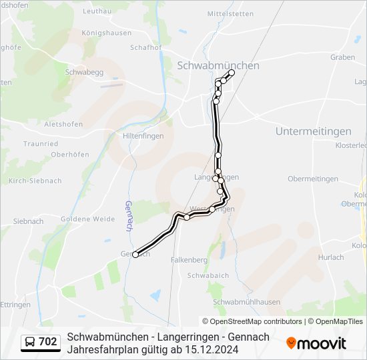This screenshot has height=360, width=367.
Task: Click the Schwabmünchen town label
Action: point(218,65)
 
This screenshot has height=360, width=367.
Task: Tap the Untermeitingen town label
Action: point(313,131)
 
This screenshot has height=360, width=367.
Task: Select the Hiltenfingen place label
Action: point(143,135)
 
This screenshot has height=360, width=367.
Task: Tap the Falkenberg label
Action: point(190,259)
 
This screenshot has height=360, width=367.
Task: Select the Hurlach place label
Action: point(331,257)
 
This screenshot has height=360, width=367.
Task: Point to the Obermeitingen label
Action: point(312,179)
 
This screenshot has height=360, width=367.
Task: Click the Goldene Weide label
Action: point(87,219)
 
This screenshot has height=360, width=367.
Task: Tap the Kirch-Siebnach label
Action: point(35,181)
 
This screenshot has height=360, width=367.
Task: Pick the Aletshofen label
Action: point(63,124)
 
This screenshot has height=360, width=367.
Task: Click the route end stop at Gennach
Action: point(135,254)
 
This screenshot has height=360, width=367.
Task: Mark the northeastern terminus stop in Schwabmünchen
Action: point(232,72)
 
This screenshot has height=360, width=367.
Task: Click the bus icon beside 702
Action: point(31,343)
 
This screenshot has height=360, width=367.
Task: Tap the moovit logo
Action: point(316,343)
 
